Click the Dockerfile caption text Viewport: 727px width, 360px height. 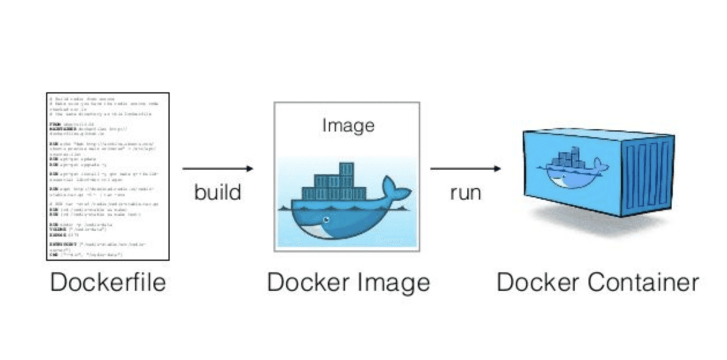click(108, 283)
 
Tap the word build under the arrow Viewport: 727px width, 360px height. click(218, 192)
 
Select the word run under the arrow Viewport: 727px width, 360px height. click(465, 192)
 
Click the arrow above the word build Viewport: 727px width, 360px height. click(218, 168)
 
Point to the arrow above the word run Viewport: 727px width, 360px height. click(465, 168)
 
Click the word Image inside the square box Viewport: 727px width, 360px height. click(348, 126)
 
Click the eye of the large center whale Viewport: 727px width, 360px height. click(327, 220)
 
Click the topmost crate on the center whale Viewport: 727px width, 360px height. click(346, 169)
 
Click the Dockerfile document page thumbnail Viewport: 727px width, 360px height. click(107, 176)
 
